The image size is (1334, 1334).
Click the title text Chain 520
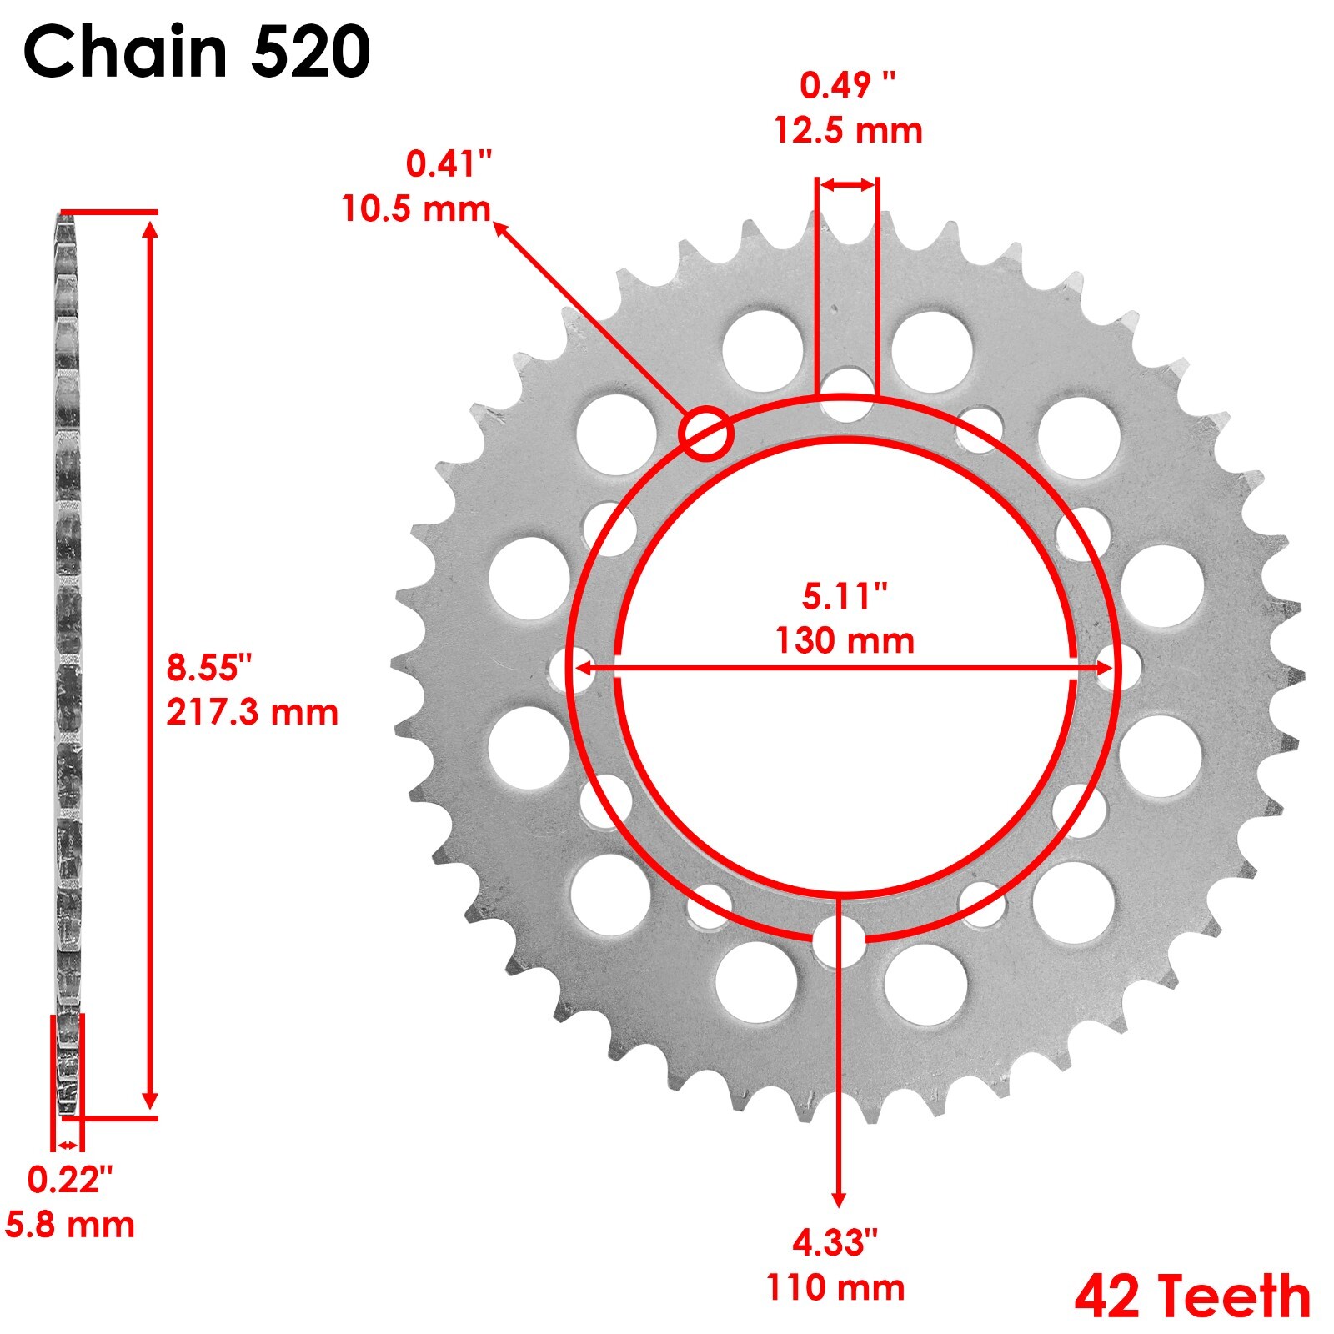pyautogui.click(x=197, y=52)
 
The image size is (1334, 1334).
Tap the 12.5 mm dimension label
pyautogui.click(x=848, y=131)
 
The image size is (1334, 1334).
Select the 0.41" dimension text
pyautogui.click(x=449, y=164)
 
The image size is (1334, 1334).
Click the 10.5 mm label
pyautogui.click(x=416, y=208)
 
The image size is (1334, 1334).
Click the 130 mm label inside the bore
pyautogui.click(x=845, y=641)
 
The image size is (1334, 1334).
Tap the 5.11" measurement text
pyautogui.click(x=845, y=596)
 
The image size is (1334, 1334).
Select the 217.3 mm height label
pyautogui.click(x=252, y=713)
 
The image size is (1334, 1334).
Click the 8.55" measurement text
pyautogui.click(x=209, y=668)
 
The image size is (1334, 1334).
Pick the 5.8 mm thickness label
pyautogui.click(x=70, y=1225)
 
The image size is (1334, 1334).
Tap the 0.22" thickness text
pyautogui.click(x=70, y=1180)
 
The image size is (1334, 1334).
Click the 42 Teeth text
pyautogui.click(x=1192, y=1297)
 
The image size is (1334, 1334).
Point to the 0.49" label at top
pyautogui.click(x=848, y=85)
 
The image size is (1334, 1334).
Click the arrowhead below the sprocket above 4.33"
pyautogui.click(x=839, y=1199)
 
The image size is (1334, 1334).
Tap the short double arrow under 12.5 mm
pyautogui.click(x=847, y=185)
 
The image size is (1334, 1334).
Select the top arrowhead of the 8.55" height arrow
pyautogui.click(x=150, y=228)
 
